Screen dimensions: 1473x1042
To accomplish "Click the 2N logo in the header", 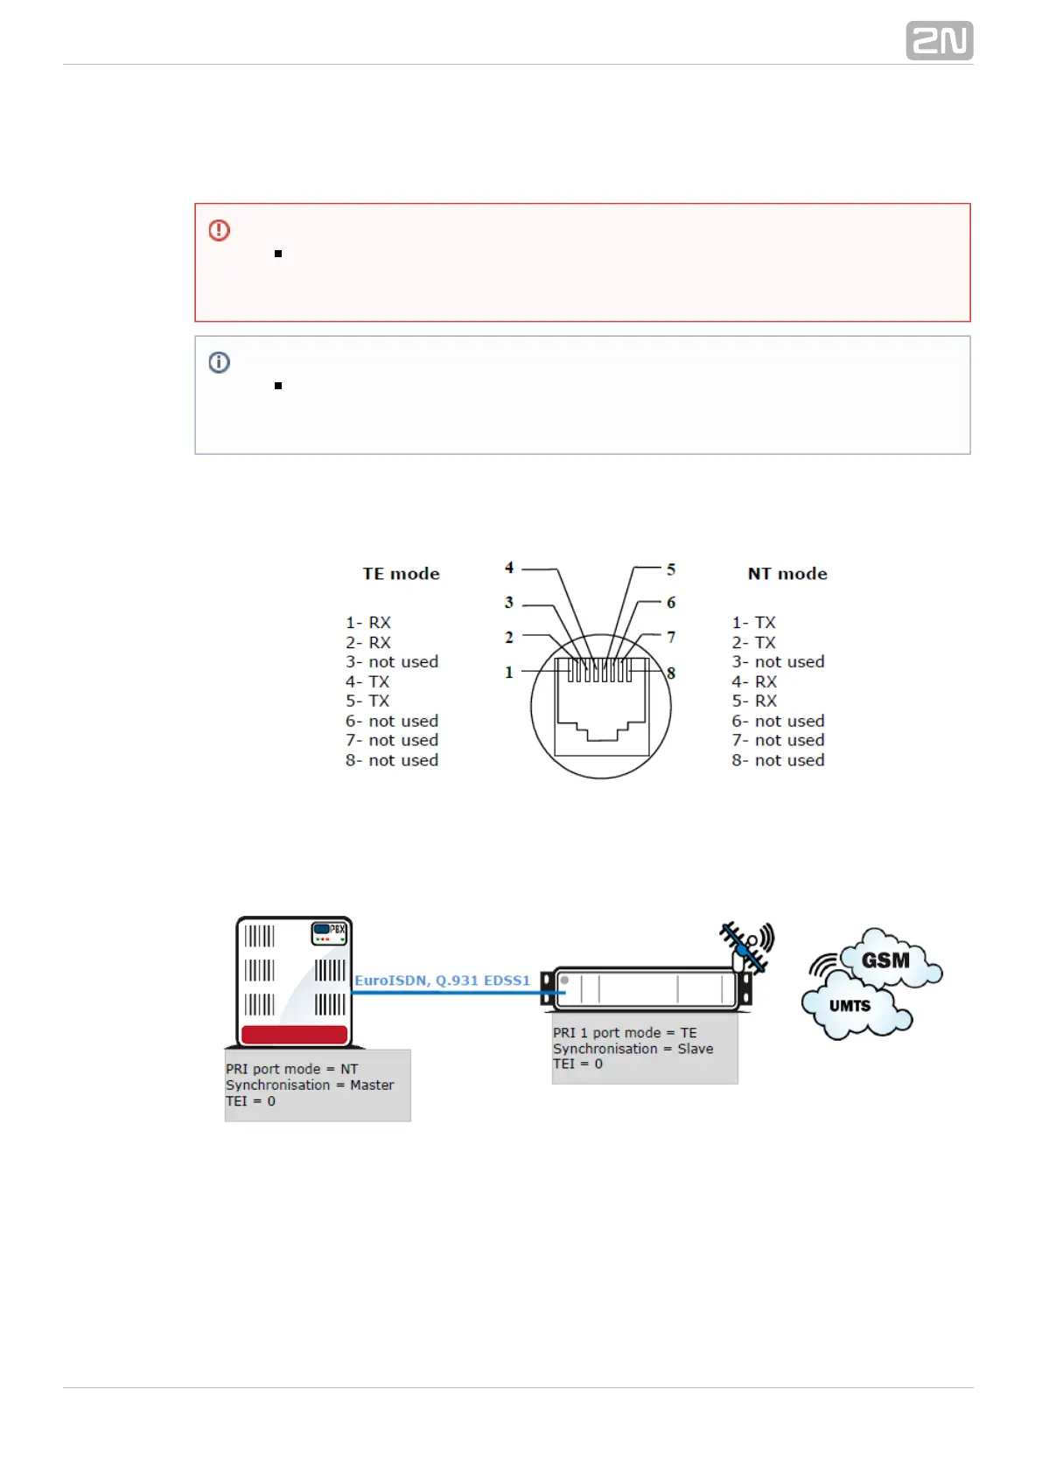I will click(939, 41).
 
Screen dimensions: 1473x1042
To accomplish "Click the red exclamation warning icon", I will click(220, 230).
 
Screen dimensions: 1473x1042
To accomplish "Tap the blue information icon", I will click(220, 362).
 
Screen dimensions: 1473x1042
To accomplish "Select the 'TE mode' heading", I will click(401, 574).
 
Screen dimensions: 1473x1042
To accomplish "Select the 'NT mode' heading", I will click(787, 574).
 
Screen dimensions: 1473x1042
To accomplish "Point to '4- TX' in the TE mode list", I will click(367, 681).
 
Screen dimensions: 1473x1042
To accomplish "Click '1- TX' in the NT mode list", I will click(753, 623).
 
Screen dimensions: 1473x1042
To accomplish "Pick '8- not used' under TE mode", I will click(392, 760).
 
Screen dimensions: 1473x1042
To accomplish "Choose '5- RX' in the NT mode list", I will click(754, 701).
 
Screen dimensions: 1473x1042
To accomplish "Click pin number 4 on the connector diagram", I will click(509, 568).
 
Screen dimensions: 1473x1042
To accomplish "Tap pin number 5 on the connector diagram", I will click(671, 569).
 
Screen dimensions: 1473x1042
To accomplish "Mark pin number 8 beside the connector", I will click(671, 673).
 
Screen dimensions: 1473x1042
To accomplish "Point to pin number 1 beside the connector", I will click(508, 672).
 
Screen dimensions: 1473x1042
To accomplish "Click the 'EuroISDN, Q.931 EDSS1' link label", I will click(442, 981).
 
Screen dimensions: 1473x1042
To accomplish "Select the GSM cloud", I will click(885, 960).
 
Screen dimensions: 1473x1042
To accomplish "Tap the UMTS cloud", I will click(850, 1006).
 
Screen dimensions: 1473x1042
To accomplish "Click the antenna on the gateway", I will click(745, 946).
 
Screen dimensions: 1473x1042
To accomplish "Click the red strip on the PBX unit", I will click(294, 1035).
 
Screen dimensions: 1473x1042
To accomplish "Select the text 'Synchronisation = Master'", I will click(310, 1085).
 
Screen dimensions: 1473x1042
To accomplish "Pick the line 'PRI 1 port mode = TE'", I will click(625, 1033).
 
